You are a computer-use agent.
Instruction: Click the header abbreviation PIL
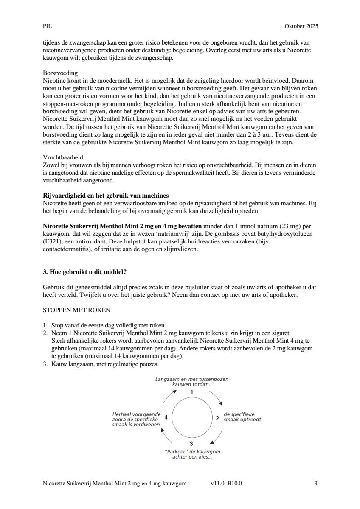pyautogui.click(x=47, y=26)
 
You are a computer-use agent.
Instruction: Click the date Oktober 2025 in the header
pyautogui.click(x=301, y=26)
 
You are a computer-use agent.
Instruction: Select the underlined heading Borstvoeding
pyautogui.click(x=60, y=73)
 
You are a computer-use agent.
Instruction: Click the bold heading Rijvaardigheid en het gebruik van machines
pyautogui.click(x=106, y=196)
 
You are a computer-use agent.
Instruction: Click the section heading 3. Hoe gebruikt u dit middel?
pyautogui.click(x=89, y=272)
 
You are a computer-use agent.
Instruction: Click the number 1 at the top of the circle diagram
pyautogui.click(x=191, y=392)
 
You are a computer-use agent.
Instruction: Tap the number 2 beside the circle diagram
pyautogui.click(x=217, y=418)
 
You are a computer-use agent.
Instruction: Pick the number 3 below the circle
pyautogui.click(x=191, y=444)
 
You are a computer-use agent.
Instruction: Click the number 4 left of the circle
pyautogui.click(x=166, y=417)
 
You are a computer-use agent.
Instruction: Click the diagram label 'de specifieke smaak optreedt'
pyautogui.click(x=242, y=417)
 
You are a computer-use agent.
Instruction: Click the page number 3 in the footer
pyautogui.click(x=315, y=483)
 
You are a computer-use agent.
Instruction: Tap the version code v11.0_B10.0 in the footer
pyautogui.click(x=226, y=483)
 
